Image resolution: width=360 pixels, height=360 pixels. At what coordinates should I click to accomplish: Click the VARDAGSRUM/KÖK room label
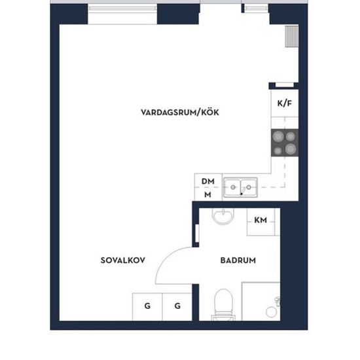[x=180, y=113]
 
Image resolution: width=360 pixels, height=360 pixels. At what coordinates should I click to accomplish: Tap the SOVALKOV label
[x=123, y=260]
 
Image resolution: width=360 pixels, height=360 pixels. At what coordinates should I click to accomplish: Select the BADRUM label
[x=238, y=261]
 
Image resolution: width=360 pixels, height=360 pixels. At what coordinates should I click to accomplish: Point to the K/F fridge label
[x=285, y=103]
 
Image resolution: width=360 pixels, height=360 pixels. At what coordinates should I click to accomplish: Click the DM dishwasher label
[x=208, y=181]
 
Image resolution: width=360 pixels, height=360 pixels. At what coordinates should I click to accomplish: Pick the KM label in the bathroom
[x=261, y=220]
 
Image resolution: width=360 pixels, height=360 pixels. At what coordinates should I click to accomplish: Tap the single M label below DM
[x=207, y=194]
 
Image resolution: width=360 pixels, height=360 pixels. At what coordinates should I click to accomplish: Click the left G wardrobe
[x=147, y=307]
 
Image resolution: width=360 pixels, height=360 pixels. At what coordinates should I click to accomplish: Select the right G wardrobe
[x=177, y=307]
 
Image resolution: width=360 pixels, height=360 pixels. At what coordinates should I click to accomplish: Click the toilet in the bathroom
[x=223, y=304]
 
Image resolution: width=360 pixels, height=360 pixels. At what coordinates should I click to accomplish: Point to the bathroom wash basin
[x=223, y=216]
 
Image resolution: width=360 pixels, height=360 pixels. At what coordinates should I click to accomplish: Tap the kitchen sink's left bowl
[x=232, y=188]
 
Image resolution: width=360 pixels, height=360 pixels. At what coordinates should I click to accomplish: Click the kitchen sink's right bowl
[x=249, y=188]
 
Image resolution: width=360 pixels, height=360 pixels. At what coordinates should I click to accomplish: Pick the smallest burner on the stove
[x=278, y=151]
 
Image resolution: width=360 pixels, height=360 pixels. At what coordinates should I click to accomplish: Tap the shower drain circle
[x=271, y=312]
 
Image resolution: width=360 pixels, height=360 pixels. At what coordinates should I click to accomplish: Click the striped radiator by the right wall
[x=291, y=37]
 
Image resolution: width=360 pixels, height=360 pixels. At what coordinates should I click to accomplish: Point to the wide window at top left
[x=122, y=9]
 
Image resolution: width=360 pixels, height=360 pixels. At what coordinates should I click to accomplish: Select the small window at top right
[x=256, y=9]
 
